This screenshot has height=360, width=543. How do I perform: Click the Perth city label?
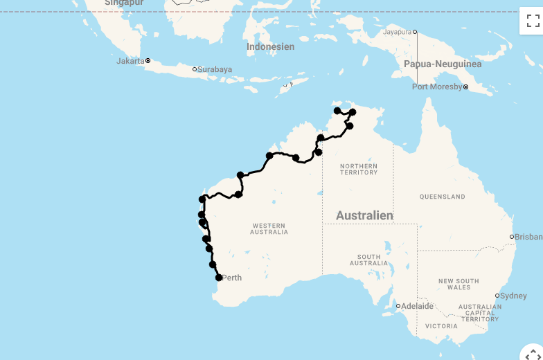(x=232, y=278)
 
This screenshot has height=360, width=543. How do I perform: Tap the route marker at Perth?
(x=219, y=278)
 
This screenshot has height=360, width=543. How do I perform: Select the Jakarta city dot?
(x=148, y=61)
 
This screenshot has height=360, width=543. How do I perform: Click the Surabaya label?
(x=215, y=69)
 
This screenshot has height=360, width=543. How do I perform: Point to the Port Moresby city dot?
(x=466, y=87)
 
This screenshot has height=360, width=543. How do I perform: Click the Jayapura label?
(x=398, y=32)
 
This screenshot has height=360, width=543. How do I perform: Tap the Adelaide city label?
(x=418, y=306)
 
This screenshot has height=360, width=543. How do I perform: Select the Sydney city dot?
(x=497, y=296)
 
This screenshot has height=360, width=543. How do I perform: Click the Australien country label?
(x=364, y=216)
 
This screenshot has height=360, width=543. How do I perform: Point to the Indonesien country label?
(x=271, y=47)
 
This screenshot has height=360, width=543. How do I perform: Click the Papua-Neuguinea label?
(x=443, y=64)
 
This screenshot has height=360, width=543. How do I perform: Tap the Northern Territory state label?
(x=359, y=169)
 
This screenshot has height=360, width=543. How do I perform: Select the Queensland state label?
(x=443, y=197)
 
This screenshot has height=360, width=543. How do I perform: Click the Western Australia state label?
(x=269, y=229)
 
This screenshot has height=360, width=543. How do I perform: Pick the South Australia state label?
(x=369, y=260)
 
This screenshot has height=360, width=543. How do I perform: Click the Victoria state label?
(x=442, y=326)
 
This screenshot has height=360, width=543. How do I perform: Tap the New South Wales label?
(x=459, y=284)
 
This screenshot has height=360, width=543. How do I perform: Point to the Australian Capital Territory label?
(x=480, y=313)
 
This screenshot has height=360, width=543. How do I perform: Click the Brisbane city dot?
(x=512, y=237)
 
